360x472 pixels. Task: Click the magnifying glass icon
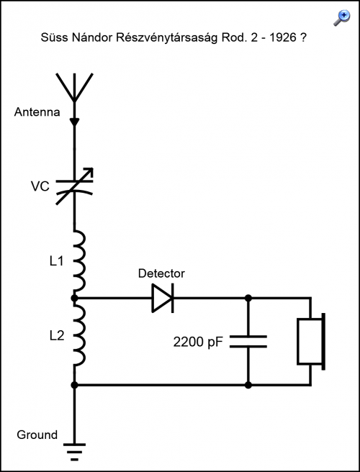pyautogui.click(x=342, y=18)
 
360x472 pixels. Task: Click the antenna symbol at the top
pyautogui.click(x=74, y=87)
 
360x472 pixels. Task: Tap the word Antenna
pyautogui.click(x=37, y=112)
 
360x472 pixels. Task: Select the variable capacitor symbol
pyautogui.click(x=74, y=186)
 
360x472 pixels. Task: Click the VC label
pyautogui.click(x=40, y=186)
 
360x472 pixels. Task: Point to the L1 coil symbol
pyautogui.click(x=79, y=260)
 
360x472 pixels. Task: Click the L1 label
pyautogui.click(x=57, y=261)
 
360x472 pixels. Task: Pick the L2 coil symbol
pyautogui.click(x=79, y=334)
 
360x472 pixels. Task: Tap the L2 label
pyautogui.click(x=57, y=335)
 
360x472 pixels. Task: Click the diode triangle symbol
pyautogui.click(x=163, y=298)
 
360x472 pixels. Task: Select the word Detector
pyautogui.click(x=161, y=273)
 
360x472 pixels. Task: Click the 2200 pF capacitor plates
pyautogui.click(x=248, y=341)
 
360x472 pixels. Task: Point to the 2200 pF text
pyautogui.click(x=198, y=342)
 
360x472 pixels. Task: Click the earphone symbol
pyautogui.click(x=311, y=342)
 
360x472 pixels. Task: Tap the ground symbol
pyautogui.click(x=74, y=452)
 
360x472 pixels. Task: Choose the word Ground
pyautogui.click(x=37, y=435)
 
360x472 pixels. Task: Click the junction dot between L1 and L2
pyautogui.click(x=74, y=299)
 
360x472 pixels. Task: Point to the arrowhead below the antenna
pyautogui.click(x=74, y=122)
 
